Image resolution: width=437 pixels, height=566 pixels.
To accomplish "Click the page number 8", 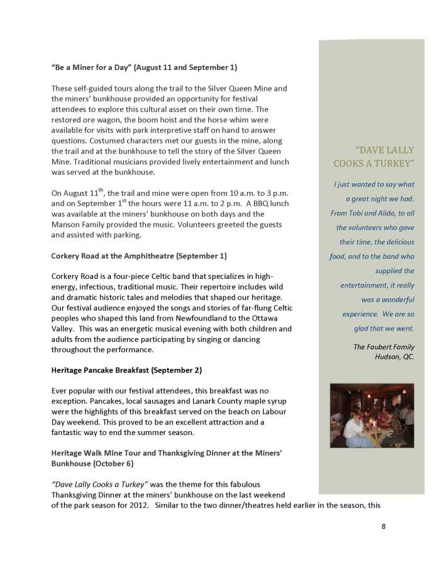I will [384, 527].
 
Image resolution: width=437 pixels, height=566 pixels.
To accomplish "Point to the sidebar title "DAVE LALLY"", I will [375, 150].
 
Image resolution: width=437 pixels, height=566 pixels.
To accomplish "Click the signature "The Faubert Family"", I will [375, 347].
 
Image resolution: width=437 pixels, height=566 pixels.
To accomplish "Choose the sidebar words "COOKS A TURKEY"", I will [374, 164].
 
